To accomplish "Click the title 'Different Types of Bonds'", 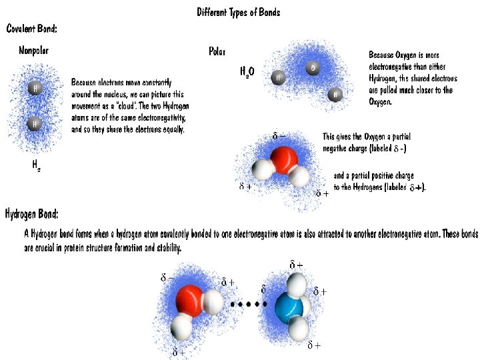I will point(239,13).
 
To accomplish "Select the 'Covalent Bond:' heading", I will point(32,29).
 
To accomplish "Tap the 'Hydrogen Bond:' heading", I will point(32,214).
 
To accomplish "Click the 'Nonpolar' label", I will point(34,51).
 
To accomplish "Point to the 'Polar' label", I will point(217,51).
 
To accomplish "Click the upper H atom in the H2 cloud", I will point(34,88).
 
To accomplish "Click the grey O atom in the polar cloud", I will point(313,68).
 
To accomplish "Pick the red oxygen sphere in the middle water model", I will point(284,161).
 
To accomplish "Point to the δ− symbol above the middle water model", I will point(279,137).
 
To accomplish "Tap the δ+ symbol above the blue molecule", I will point(296,265).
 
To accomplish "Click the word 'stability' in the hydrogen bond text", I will point(167,247).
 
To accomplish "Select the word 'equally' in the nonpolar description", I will point(171,129).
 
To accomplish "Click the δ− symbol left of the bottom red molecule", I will point(167,277).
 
